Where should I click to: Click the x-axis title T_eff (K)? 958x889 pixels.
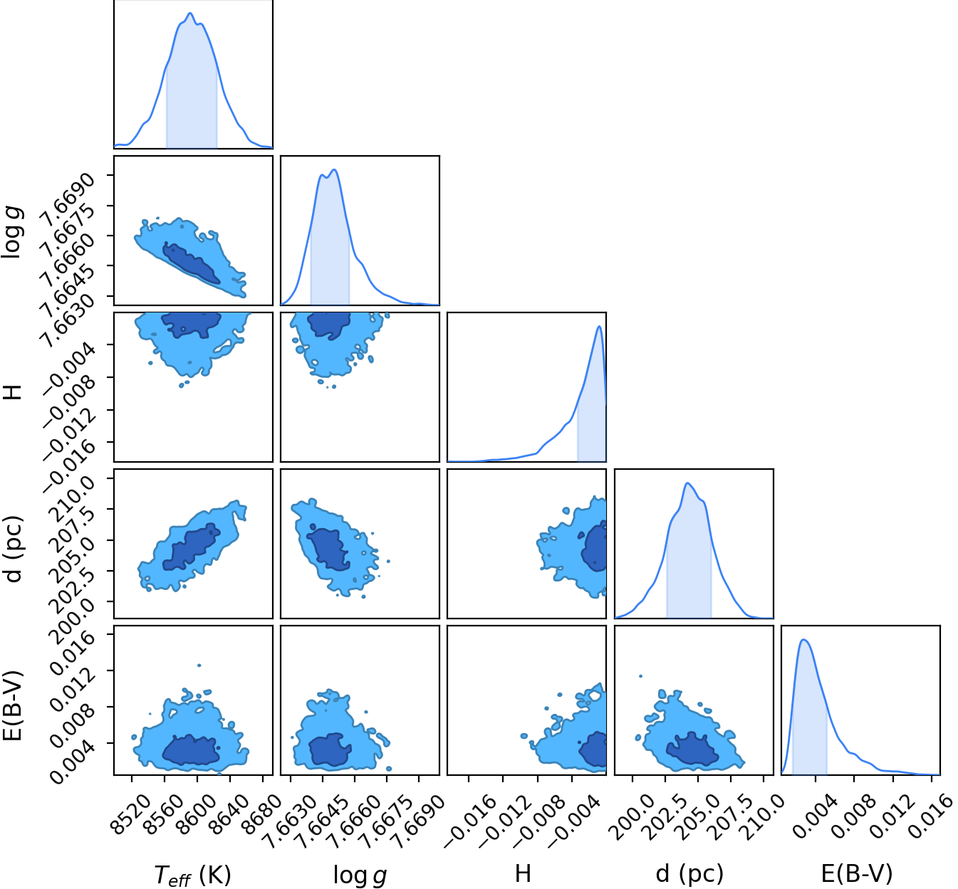[x=193, y=873]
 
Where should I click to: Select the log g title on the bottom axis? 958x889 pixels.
[x=360, y=875]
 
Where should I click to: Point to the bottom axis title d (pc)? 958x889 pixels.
[x=689, y=873]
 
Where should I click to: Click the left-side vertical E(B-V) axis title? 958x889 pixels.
[x=13, y=706]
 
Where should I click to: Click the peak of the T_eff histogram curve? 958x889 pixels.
[x=190, y=13]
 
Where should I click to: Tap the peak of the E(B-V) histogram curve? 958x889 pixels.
[x=803, y=640]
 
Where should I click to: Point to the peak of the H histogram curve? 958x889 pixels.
[x=599, y=327]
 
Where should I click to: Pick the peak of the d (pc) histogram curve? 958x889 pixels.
[x=688, y=483]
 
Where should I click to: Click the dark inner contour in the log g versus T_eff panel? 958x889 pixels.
[x=192, y=263]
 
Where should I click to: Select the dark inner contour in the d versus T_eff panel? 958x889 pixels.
[x=192, y=547]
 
